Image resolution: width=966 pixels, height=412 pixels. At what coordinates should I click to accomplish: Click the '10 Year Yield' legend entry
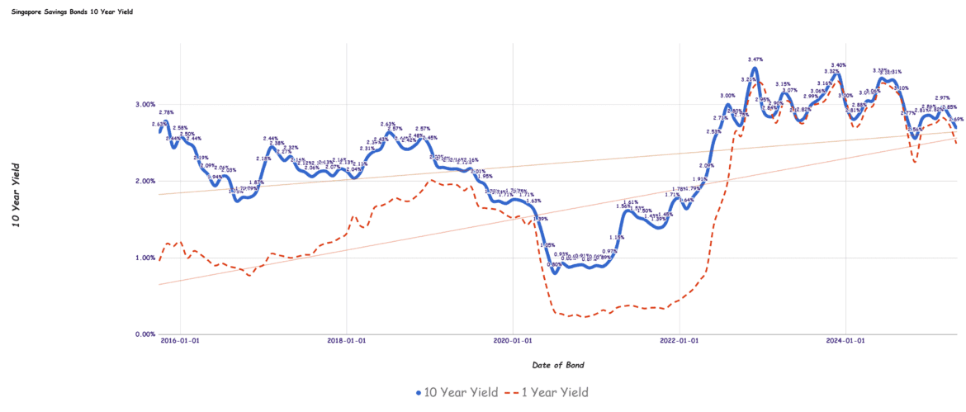coord(457,393)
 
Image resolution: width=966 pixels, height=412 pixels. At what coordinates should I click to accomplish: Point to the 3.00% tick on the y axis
coord(144,104)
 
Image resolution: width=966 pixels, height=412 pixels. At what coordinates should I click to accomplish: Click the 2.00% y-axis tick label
coord(144,181)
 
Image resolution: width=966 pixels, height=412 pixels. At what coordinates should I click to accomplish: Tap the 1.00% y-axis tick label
coord(144,258)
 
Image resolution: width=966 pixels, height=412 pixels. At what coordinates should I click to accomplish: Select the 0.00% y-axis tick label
coord(144,334)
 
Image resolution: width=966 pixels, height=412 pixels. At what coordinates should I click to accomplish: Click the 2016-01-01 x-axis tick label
coord(181,340)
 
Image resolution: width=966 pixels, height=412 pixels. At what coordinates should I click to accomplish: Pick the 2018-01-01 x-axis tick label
coord(348,340)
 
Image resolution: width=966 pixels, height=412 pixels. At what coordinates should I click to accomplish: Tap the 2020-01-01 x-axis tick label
coord(513,340)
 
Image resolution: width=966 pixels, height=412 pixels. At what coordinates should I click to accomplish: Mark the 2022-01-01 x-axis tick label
coord(680,340)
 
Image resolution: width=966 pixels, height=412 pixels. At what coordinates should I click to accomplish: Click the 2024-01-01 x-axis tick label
coord(845,340)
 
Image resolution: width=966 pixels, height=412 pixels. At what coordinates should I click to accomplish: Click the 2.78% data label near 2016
coord(166,112)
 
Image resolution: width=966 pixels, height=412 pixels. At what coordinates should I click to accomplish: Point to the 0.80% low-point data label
coord(555,264)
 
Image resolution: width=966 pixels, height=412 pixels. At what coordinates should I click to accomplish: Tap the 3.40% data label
coord(838,65)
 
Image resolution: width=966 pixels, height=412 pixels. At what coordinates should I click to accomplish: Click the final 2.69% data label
coord(956,119)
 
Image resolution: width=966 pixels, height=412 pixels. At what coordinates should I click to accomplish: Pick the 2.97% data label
coord(942,97)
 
